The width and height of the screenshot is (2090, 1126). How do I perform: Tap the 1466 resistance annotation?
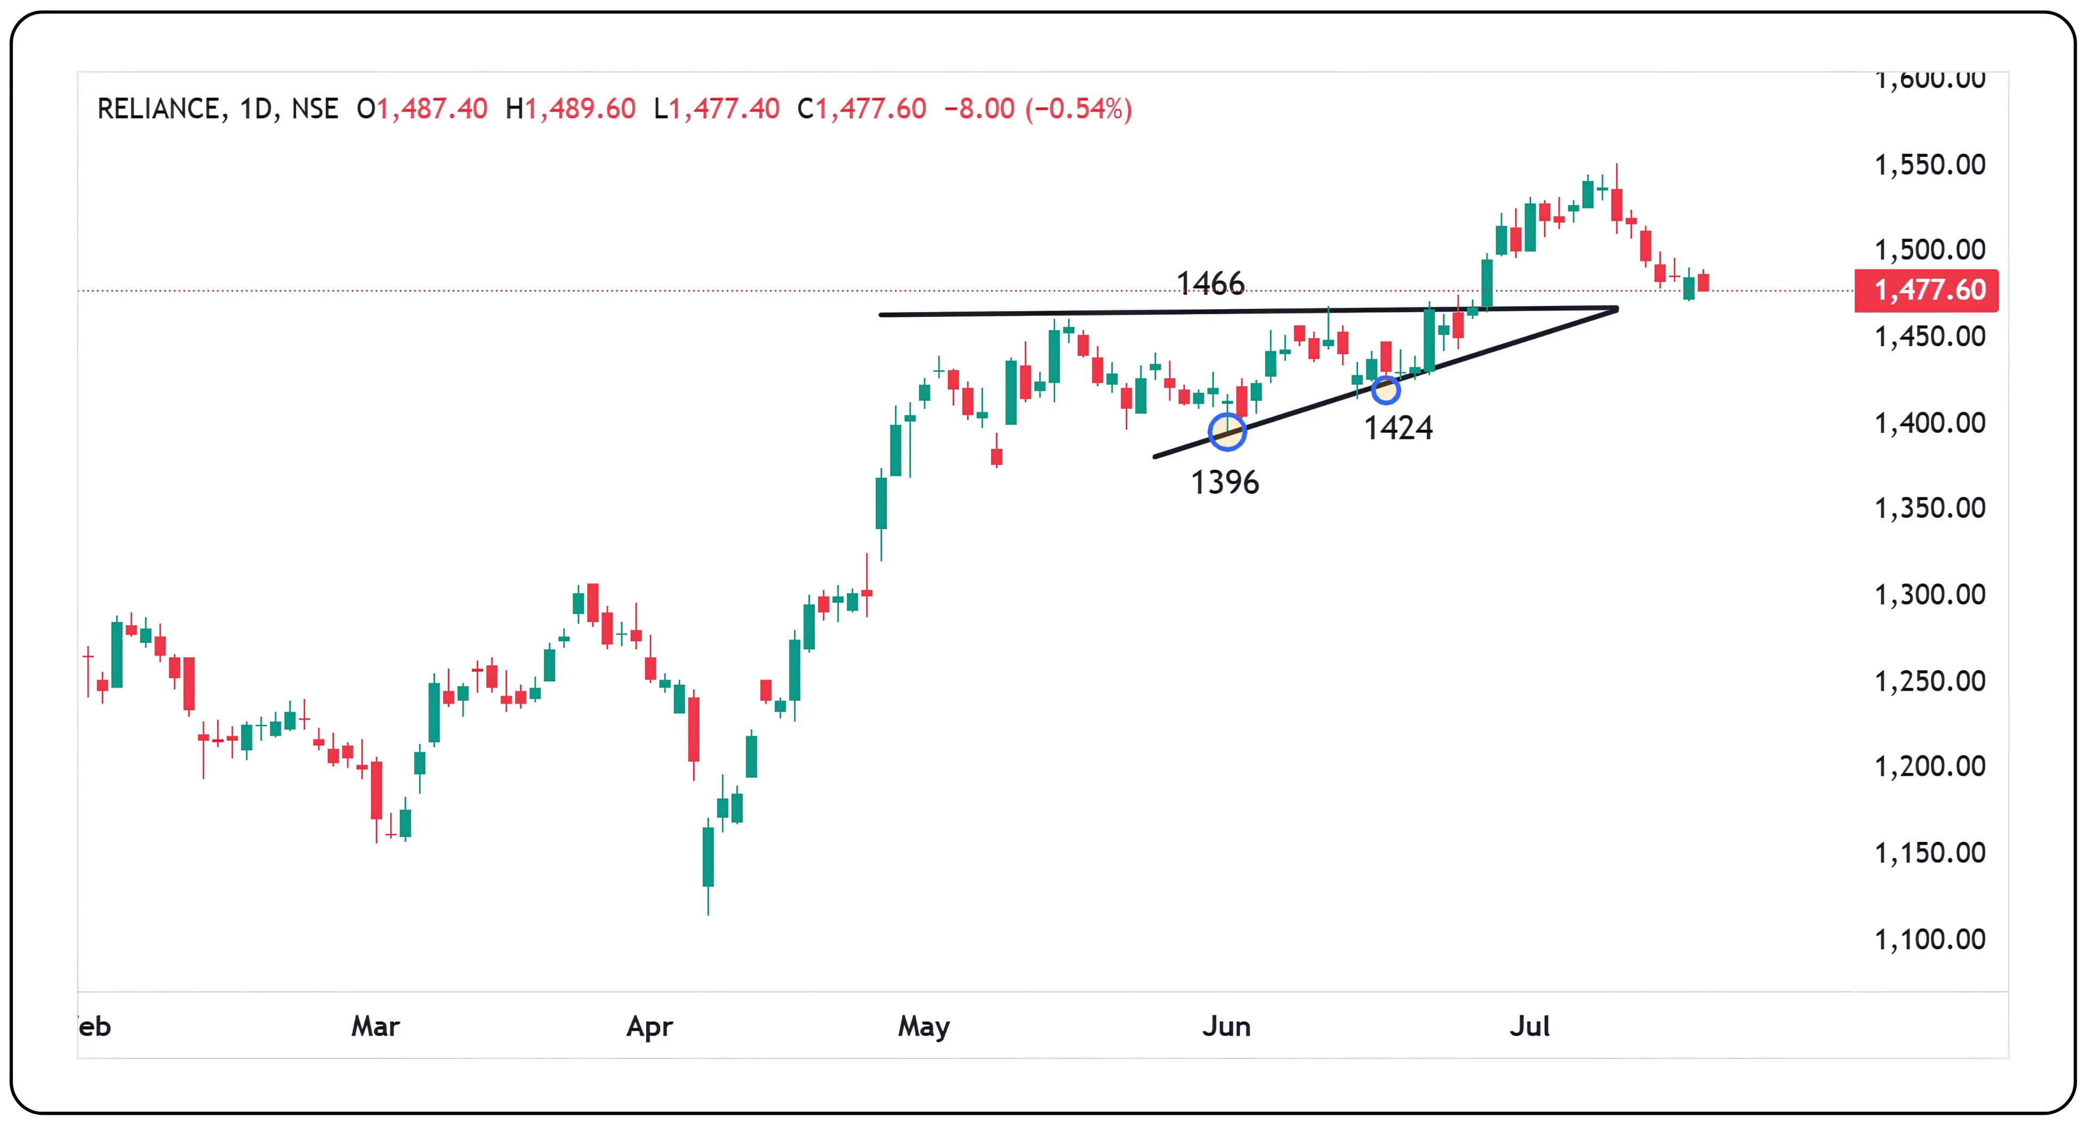click(1209, 283)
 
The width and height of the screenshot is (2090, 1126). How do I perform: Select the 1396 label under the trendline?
click(1224, 483)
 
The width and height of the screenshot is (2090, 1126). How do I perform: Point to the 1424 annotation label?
click(1398, 428)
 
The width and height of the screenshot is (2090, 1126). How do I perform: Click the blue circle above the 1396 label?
click(1227, 431)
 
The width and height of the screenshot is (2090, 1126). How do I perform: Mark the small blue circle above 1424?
click(1385, 391)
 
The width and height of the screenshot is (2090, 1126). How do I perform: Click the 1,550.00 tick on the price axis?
click(1929, 165)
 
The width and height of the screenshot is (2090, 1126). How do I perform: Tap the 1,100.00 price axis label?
click(1929, 939)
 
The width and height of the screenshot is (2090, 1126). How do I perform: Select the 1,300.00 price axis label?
click(1929, 594)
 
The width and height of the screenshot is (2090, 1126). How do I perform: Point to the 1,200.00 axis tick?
click(1929, 766)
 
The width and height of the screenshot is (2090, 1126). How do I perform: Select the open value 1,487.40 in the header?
click(431, 109)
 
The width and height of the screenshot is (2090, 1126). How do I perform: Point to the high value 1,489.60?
click(580, 109)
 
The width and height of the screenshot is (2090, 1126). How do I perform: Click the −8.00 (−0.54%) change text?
click(1038, 109)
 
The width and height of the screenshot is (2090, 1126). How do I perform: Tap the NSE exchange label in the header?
click(315, 109)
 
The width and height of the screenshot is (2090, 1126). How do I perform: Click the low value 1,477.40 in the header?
click(724, 109)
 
